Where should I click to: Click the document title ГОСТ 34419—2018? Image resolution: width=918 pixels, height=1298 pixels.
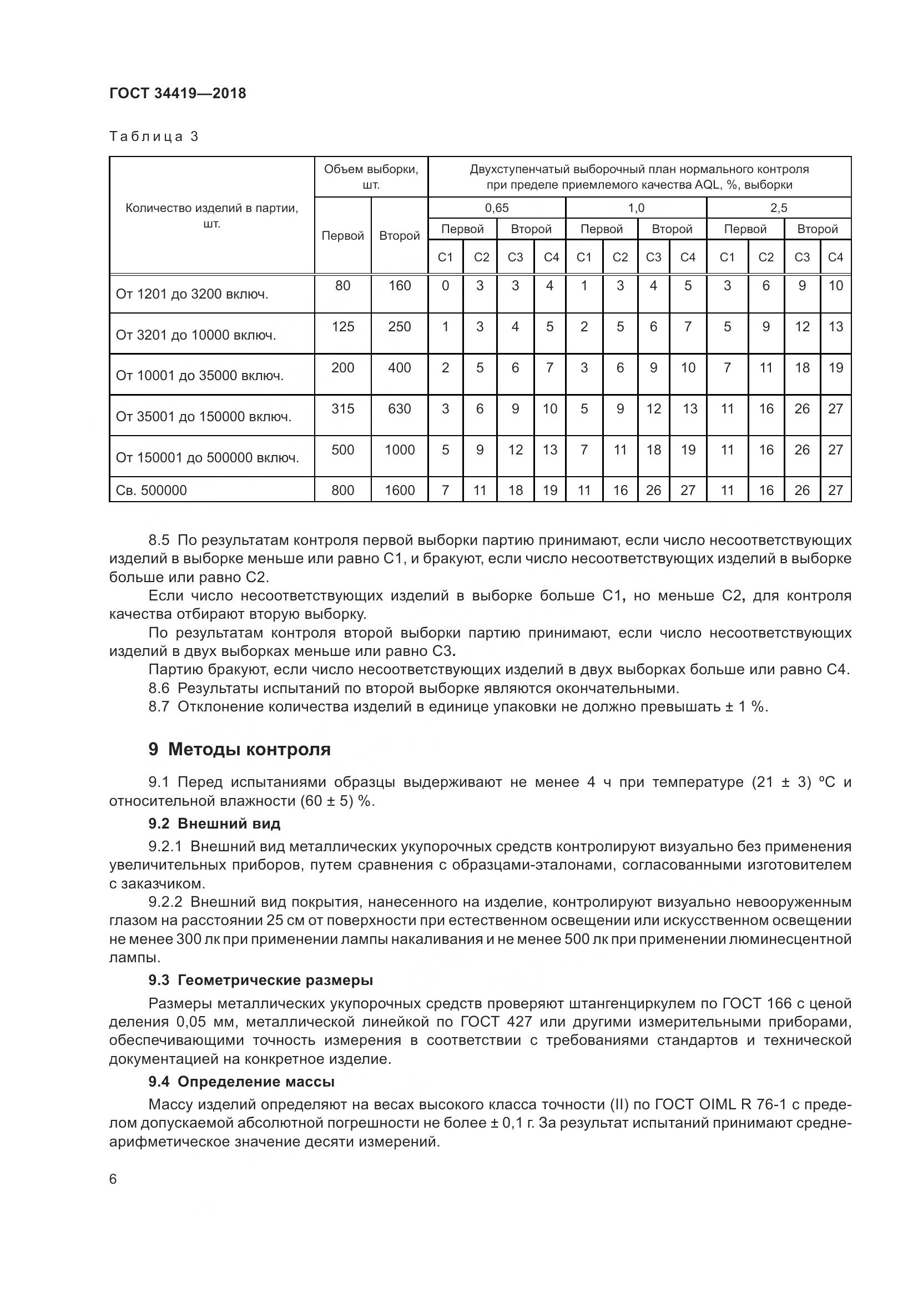tap(178, 93)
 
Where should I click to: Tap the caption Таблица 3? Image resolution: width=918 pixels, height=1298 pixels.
tap(154, 137)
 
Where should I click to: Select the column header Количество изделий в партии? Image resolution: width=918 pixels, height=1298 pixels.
tap(211, 215)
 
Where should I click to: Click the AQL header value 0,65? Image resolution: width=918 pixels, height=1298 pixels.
tap(496, 208)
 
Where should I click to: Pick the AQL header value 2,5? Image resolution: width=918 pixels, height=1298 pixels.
tap(778, 208)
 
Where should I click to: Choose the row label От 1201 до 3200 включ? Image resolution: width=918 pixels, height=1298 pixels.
tap(191, 294)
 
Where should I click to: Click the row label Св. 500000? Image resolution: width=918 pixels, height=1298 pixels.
tap(151, 490)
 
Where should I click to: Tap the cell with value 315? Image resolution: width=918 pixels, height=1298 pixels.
tap(342, 409)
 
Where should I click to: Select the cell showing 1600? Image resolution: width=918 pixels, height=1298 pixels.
tap(399, 490)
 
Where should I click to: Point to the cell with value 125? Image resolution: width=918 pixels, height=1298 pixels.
tap(342, 327)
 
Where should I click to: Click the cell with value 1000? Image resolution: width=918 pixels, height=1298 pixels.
tap(399, 450)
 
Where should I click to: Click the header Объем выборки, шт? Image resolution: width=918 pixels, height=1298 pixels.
tap(371, 177)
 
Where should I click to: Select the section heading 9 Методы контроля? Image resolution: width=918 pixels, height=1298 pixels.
tap(239, 750)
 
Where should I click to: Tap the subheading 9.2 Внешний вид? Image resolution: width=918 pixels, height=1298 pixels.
tap(214, 824)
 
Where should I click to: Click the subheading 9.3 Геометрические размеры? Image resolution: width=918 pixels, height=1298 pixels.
tap(261, 979)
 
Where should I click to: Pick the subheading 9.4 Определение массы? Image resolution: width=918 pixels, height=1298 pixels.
tap(241, 1082)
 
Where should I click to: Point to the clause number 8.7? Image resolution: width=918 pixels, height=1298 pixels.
tap(159, 706)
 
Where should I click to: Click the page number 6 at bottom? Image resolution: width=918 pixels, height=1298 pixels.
tap(113, 1179)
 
